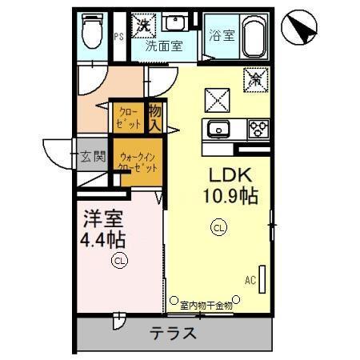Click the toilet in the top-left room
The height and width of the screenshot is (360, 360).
coord(93,32)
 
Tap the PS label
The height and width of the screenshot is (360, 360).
coord(118,36)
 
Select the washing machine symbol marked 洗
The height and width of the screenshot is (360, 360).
coord(145,24)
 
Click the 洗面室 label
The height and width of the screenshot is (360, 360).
coord(163,46)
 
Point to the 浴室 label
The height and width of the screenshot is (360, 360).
coord(221,36)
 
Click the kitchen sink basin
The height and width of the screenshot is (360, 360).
coord(218,127)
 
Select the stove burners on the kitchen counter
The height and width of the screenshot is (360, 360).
coord(258,127)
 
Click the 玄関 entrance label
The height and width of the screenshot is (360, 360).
coord(91,155)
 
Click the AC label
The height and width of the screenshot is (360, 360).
coord(250,281)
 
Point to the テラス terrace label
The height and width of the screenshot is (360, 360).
coord(174,333)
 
